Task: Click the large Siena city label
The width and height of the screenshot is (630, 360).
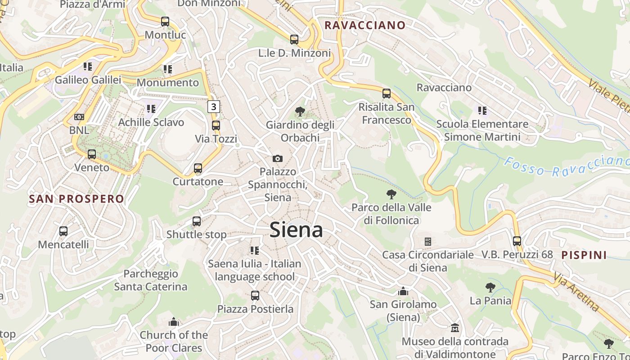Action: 296,230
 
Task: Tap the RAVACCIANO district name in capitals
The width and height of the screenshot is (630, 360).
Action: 365,25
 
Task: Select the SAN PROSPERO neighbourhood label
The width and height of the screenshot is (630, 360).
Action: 76,199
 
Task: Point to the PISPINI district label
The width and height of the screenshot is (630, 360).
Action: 584,255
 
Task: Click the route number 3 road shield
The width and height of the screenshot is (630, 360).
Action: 214,107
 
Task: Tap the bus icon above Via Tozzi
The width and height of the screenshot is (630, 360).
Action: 216,126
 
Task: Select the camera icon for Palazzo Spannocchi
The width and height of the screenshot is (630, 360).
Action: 278,158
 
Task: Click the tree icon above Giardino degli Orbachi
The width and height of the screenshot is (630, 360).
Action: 300,112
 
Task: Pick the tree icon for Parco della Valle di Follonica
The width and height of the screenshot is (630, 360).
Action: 391,194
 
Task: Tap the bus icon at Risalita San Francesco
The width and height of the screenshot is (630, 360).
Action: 387,94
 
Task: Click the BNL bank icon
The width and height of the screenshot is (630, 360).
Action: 79,117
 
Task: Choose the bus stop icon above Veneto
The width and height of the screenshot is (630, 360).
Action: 92,154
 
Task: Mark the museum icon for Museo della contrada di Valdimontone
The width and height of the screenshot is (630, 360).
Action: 455,328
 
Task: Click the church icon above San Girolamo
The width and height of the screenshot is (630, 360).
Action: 403,291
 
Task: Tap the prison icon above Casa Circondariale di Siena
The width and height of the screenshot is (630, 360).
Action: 428,242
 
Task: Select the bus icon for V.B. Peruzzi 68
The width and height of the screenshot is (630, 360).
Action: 517,241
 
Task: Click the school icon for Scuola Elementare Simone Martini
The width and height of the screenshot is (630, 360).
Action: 482,110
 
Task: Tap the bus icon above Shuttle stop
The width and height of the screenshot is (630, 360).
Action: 197,221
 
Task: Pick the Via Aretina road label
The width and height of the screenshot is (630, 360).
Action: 576,292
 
